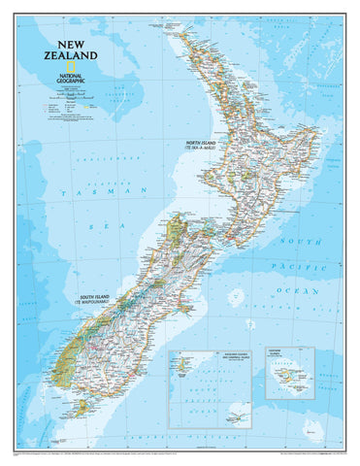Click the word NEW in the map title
click(x=74, y=44)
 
